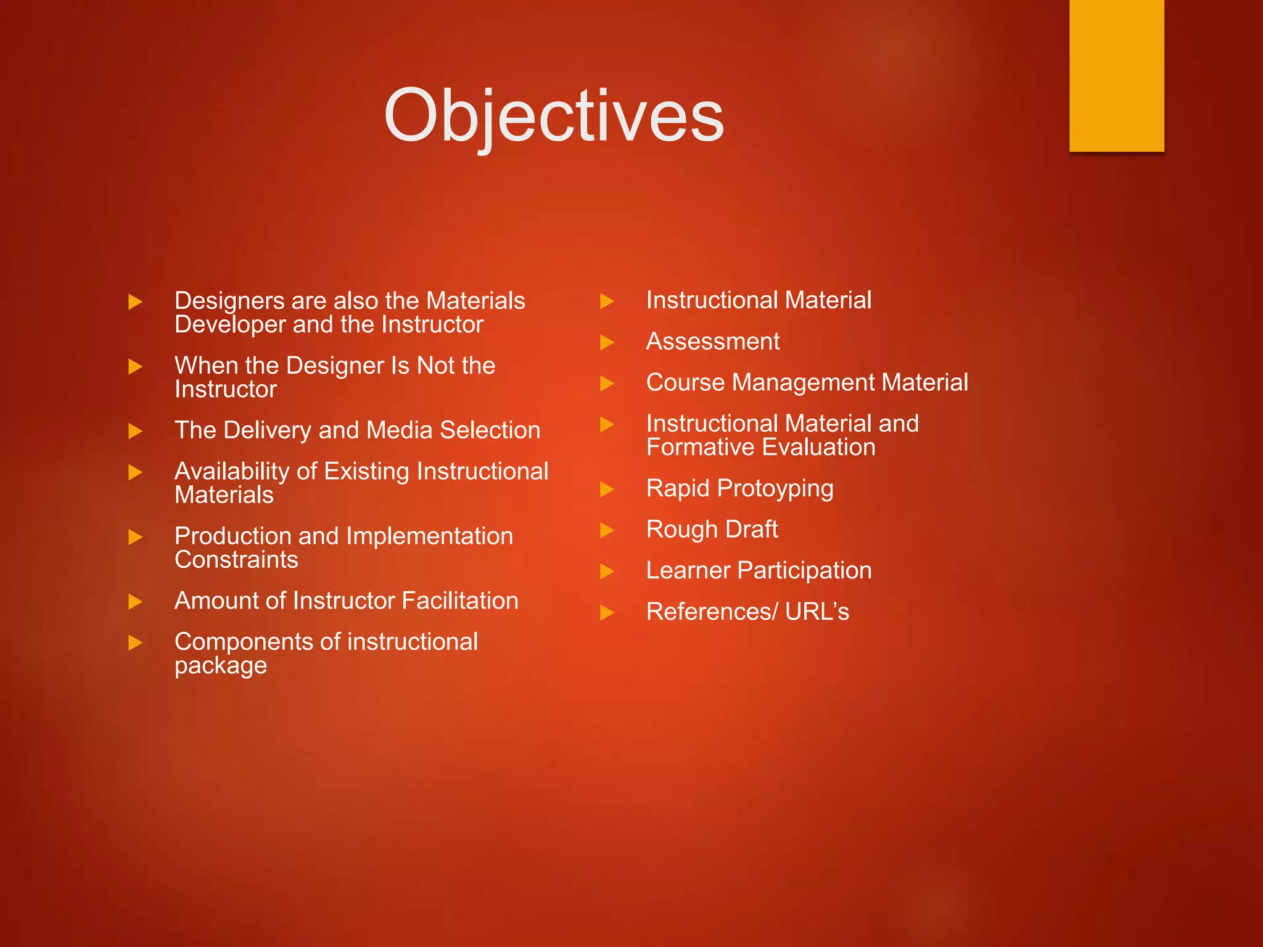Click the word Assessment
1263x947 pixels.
712,342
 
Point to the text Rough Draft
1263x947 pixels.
712,530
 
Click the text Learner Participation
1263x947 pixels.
759,571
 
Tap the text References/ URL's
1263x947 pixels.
747,612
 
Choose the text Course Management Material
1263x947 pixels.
807,383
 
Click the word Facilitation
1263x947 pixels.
460,601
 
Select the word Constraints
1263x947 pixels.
236,560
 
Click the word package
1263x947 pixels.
221,666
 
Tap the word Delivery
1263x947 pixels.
268,430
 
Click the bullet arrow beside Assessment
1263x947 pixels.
607,342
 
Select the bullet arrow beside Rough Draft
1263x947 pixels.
607,530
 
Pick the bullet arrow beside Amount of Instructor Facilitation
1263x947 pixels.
135,602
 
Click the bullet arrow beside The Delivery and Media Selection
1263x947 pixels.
135,431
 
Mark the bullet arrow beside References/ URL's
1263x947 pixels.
607,612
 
